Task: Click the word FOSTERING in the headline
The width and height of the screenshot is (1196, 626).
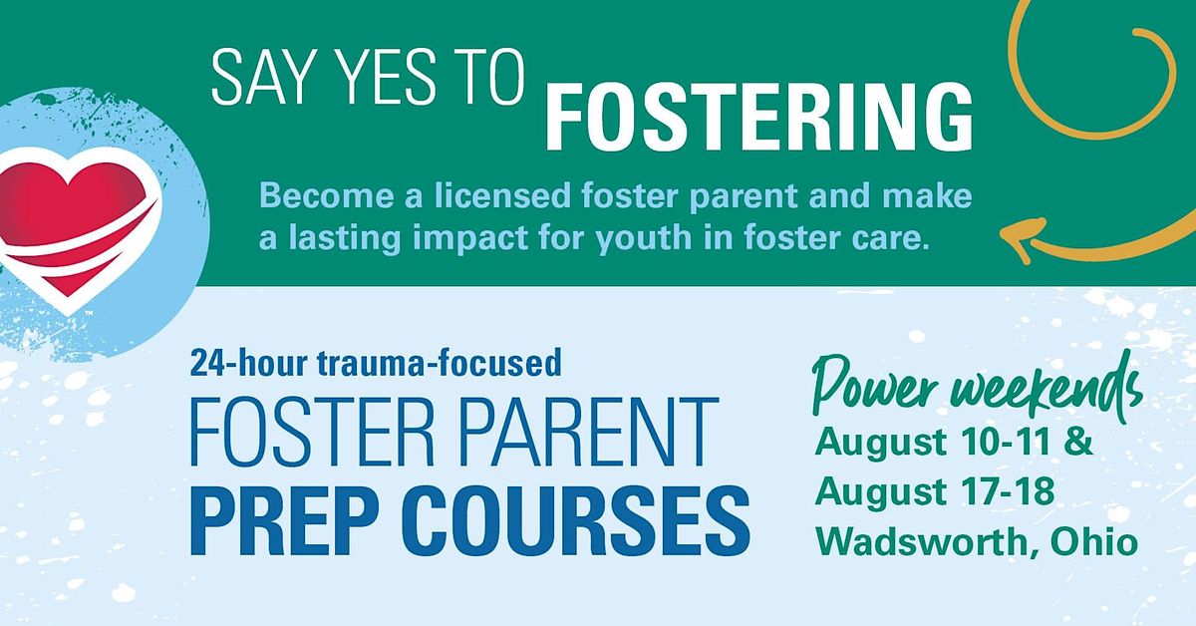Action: [758, 118]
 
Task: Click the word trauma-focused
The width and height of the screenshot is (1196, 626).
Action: [439, 363]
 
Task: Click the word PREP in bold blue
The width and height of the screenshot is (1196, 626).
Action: [293, 520]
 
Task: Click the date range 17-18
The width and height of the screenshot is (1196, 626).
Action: [1007, 491]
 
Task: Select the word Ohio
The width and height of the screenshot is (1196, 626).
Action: [1094, 541]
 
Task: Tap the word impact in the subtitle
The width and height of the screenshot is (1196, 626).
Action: [470, 238]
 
